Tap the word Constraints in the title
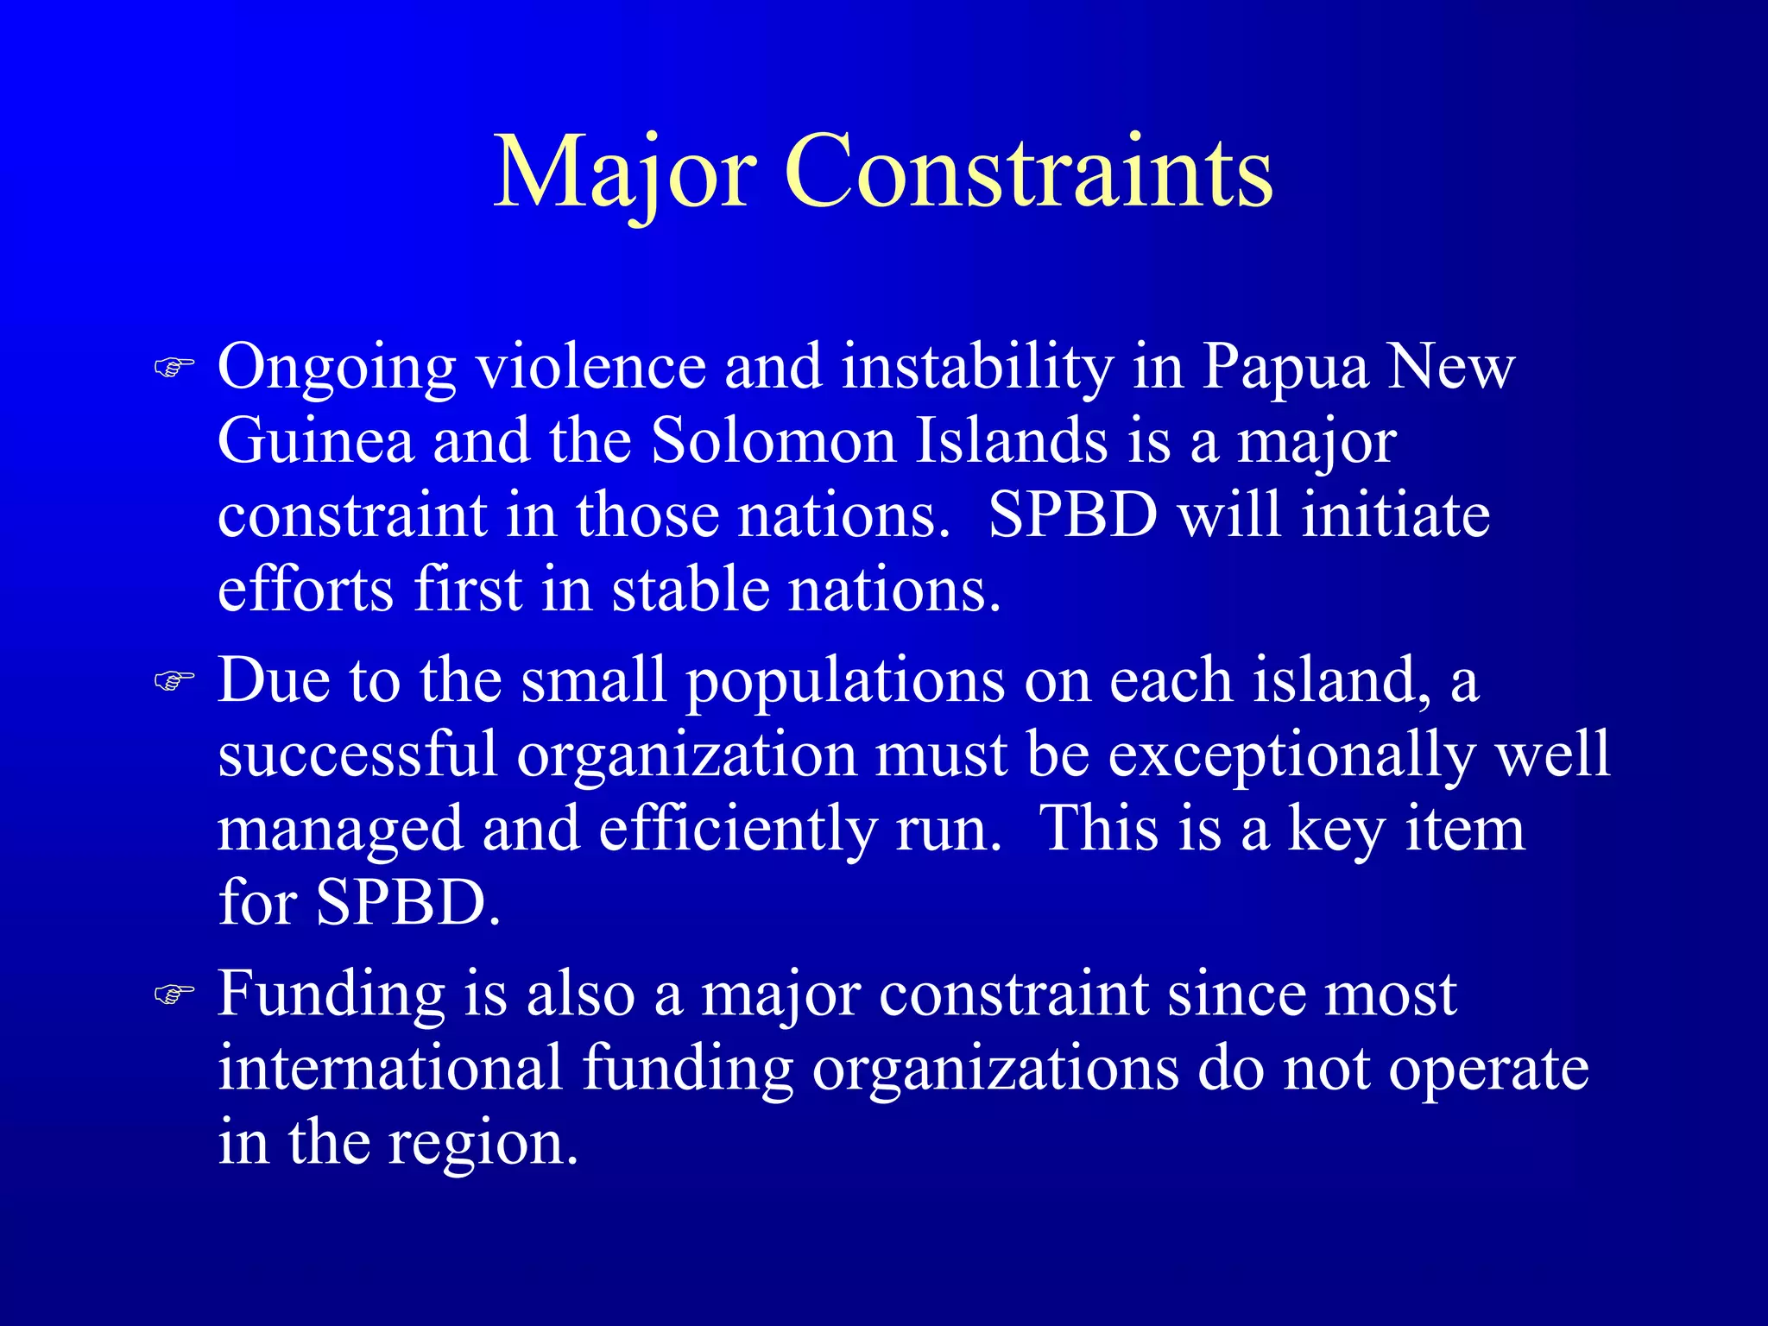click(x=1027, y=173)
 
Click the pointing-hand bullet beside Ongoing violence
click(x=174, y=368)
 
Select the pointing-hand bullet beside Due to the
click(x=174, y=681)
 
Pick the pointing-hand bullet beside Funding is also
click(x=174, y=994)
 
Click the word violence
click(x=591, y=366)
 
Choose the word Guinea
click(x=316, y=441)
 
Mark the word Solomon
click(x=773, y=441)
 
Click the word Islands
click(x=1011, y=441)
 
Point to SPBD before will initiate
click(x=1072, y=515)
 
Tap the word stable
click(x=690, y=590)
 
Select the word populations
click(x=846, y=682)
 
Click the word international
click(x=390, y=1068)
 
